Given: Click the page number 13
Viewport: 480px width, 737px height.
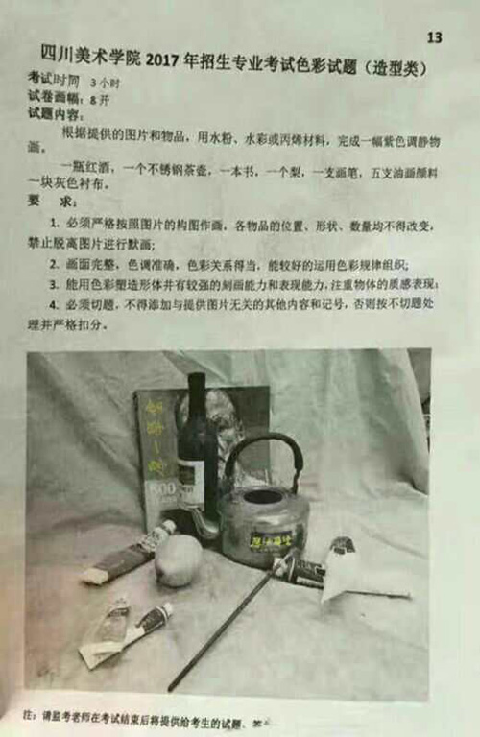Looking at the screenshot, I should pyautogui.click(x=434, y=37).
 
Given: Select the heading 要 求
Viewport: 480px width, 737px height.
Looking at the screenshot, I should pyautogui.click(x=51, y=202).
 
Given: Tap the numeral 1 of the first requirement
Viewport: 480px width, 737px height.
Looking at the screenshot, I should pyautogui.click(x=53, y=226).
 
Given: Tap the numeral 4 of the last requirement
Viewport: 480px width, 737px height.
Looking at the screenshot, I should pyautogui.click(x=53, y=305).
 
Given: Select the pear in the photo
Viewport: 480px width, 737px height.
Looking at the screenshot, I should pyautogui.click(x=178, y=559).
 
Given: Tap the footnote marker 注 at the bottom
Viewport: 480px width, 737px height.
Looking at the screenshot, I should pyautogui.click(x=30, y=715).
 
